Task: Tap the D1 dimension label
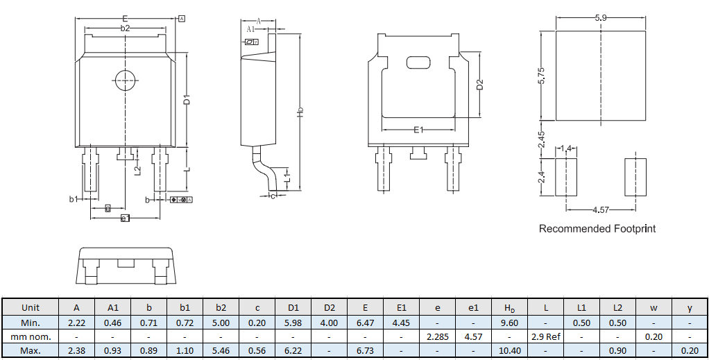point(187,100)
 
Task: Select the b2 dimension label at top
point(125,28)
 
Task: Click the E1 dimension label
point(418,130)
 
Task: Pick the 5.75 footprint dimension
point(542,76)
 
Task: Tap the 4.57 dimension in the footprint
point(601,209)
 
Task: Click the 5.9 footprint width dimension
point(601,18)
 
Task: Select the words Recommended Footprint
point(597,228)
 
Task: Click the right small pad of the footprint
point(635,178)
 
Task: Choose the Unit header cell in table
point(31,307)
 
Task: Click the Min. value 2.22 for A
point(76,323)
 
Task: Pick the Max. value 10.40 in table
point(509,351)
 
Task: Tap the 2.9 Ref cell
point(545,336)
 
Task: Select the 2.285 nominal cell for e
point(437,336)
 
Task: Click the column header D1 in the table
point(293,307)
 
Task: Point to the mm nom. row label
point(31,336)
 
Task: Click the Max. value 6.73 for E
point(365,351)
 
